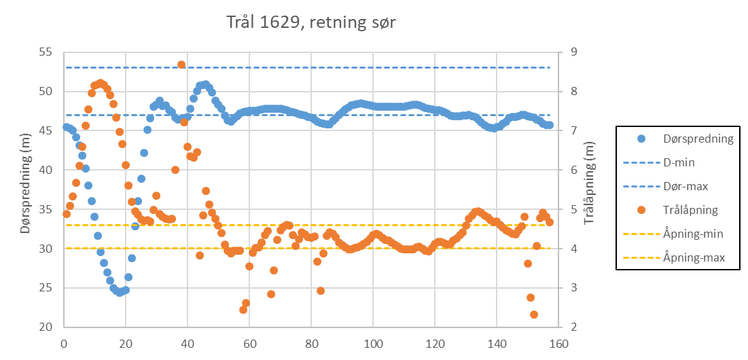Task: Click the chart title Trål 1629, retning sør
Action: pos(311,23)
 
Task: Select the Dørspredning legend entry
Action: pos(697,139)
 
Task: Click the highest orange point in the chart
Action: pos(181,65)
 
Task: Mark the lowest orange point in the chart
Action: pos(534,314)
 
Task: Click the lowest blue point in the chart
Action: pos(120,293)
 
